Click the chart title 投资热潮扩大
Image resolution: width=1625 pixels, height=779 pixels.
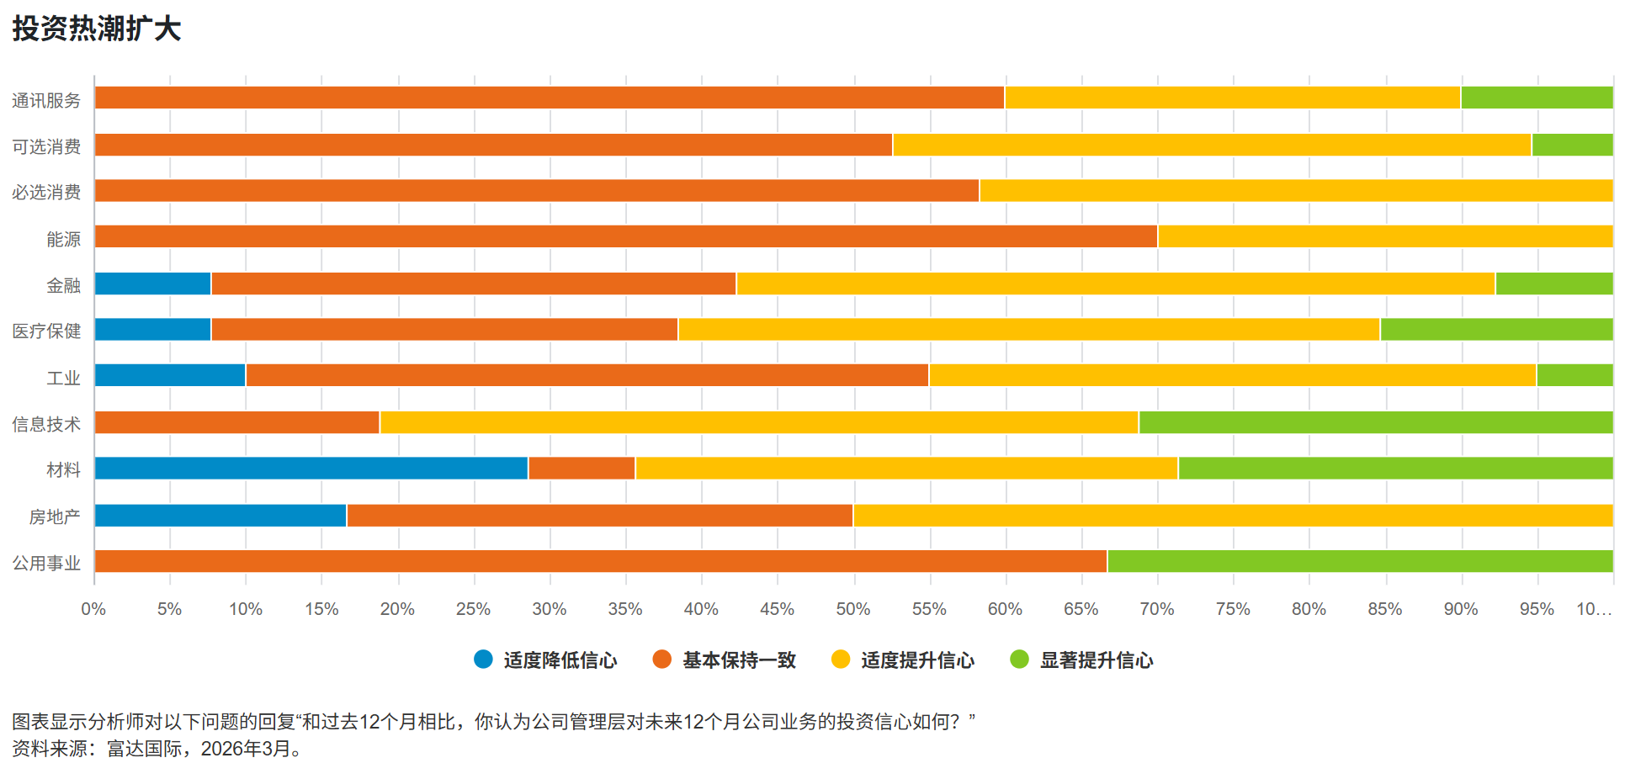pos(97,29)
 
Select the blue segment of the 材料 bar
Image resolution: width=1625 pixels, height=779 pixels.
pos(311,469)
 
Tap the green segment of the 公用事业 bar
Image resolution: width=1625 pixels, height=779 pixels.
pos(1360,561)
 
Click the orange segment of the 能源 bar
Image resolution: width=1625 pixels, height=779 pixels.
pos(626,236)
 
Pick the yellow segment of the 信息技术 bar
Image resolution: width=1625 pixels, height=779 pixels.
pos(759,422)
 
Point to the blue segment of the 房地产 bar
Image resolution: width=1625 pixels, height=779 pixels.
pos(220,516)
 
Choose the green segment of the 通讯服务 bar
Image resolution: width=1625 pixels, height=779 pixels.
pos(1537,98)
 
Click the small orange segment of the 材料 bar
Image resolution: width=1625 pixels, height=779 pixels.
pos(581,469)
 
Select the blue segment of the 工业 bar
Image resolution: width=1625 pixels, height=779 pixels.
pos(170,375)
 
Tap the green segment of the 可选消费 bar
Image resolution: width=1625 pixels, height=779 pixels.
pos(1572,145)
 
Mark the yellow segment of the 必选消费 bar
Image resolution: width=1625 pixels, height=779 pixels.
pos(1296,191)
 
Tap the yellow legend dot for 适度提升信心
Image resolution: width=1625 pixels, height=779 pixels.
pos(840,660)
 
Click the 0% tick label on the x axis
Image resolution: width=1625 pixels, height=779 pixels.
pos(93,609)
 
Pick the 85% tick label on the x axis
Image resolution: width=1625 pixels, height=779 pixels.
pos(1384,609)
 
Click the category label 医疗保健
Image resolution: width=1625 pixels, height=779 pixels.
pos(46,331)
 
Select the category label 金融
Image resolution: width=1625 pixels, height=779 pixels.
pos(63,286)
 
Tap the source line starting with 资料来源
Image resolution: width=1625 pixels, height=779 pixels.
pos(157,749)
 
